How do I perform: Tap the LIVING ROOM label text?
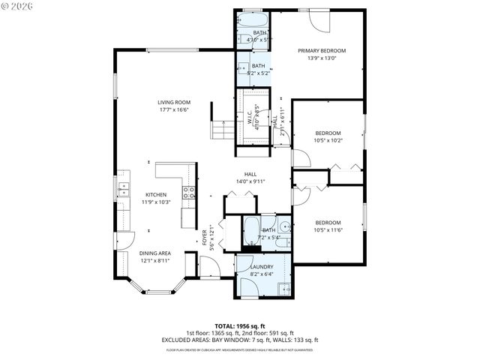[x=174, y=103]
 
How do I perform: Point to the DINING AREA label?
[x=155, y=253]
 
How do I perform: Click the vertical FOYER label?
[x=204, y=237]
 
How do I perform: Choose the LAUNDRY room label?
[x=262, y=266]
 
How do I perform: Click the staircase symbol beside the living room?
[x=222, y=130]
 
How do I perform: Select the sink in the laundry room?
[x=284, y=289]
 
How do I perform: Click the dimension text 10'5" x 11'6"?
[x=327, y=230]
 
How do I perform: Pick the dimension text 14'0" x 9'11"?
[x=250, y=181]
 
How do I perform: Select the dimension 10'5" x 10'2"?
[x=327, y=139]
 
